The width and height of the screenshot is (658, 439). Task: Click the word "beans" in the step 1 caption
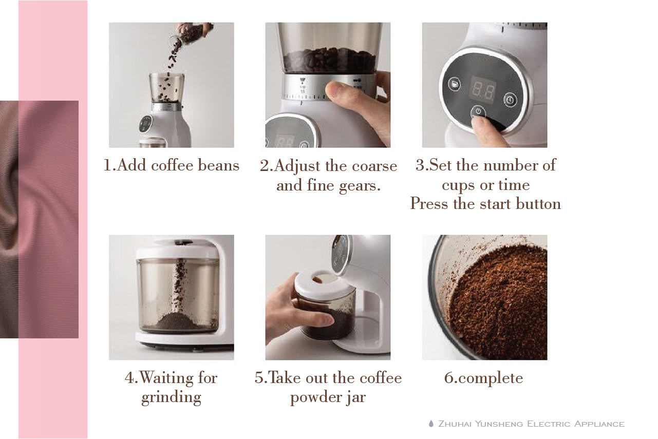tap(218, 165)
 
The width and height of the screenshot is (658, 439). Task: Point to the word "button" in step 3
tap(538, 203)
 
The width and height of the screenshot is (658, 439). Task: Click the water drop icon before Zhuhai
tap(431, 424)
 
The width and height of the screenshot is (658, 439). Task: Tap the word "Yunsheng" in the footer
tap(499, 424)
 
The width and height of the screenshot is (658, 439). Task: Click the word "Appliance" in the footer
tap(599, 424)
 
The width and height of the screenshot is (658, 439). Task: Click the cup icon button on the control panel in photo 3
tap(455, 84)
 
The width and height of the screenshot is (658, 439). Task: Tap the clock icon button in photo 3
tap(511, 100)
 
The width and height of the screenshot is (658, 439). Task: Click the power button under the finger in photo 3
tap(478, 112)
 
